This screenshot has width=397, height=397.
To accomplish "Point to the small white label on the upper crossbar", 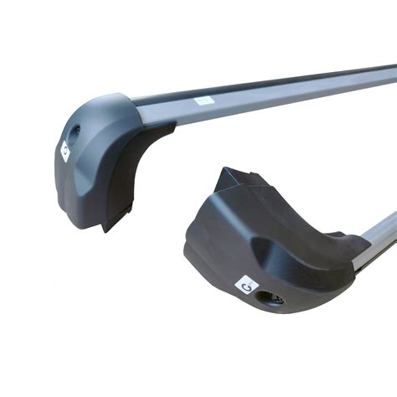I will [x=204, y=101].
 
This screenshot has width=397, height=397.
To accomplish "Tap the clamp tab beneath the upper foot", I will [x=112, y=219].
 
